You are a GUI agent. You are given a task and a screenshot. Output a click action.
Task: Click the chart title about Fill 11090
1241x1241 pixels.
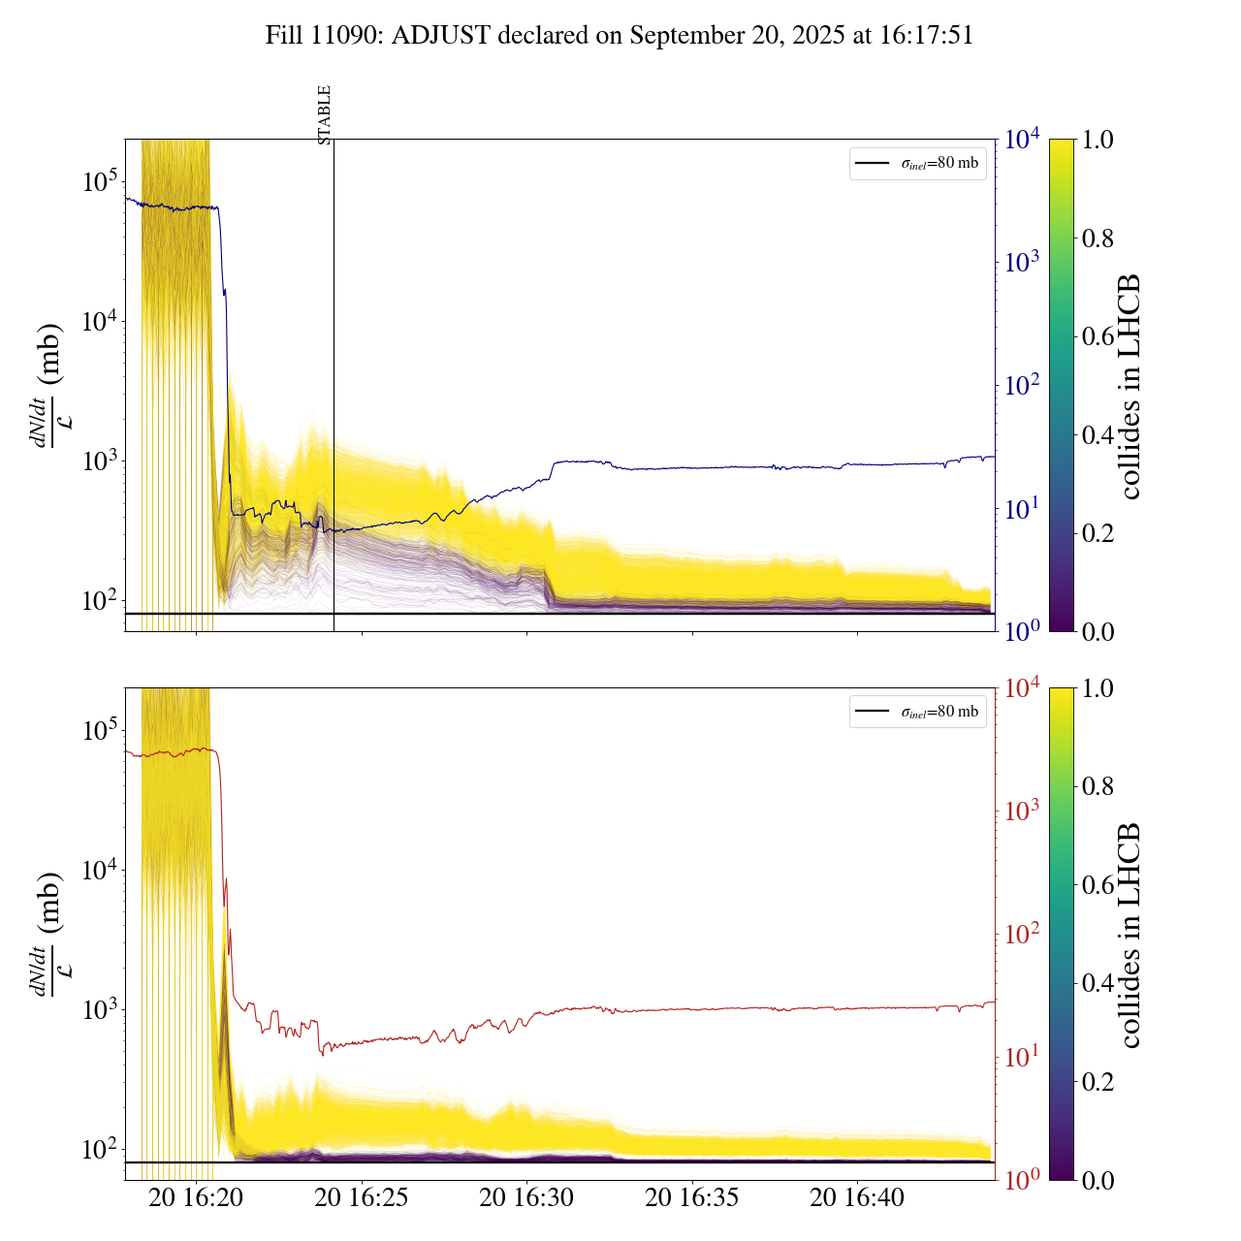pos(620,36)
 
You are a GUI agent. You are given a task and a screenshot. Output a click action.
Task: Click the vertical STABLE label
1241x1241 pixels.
pos(325,114)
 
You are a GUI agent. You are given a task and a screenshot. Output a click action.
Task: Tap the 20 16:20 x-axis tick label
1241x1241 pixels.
pos(196,1198)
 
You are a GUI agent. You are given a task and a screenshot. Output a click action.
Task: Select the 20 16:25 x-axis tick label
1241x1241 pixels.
pos(362,1198)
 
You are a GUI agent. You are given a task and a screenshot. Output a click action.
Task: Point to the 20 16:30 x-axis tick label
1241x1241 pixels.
pos(526,1198)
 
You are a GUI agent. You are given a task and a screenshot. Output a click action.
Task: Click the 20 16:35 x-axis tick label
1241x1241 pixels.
pos(692,1198)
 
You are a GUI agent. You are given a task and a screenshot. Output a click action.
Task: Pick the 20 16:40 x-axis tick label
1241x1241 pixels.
pos(857,1198)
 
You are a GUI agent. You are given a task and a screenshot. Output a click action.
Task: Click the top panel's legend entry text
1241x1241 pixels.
pos(939,164)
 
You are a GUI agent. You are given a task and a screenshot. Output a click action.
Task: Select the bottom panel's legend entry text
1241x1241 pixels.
pos(939,713)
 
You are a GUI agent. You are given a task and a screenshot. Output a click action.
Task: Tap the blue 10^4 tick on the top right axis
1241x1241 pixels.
pos(1023,140)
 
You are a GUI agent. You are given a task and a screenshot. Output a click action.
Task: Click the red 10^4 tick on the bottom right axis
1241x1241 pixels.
pos(1023,688)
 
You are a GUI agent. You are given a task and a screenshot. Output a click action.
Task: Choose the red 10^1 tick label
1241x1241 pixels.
pos(1023,1057)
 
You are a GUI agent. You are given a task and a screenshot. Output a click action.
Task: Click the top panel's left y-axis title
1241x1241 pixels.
pos(48,385)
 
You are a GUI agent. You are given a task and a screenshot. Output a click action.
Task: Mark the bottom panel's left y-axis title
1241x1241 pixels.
pos(48,934)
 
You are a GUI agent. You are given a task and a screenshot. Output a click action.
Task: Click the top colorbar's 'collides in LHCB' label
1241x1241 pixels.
pos(1129,386)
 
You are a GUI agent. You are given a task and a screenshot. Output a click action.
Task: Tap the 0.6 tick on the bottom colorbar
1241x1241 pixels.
pos(1098,884)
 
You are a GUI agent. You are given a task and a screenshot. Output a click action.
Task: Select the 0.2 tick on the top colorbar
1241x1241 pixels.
pos(1098,532)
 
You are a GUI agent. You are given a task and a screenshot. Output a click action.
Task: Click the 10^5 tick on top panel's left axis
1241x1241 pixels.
pos(100,181)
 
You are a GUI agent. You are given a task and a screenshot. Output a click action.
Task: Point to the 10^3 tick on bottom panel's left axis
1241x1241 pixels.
pos(100,1009)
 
